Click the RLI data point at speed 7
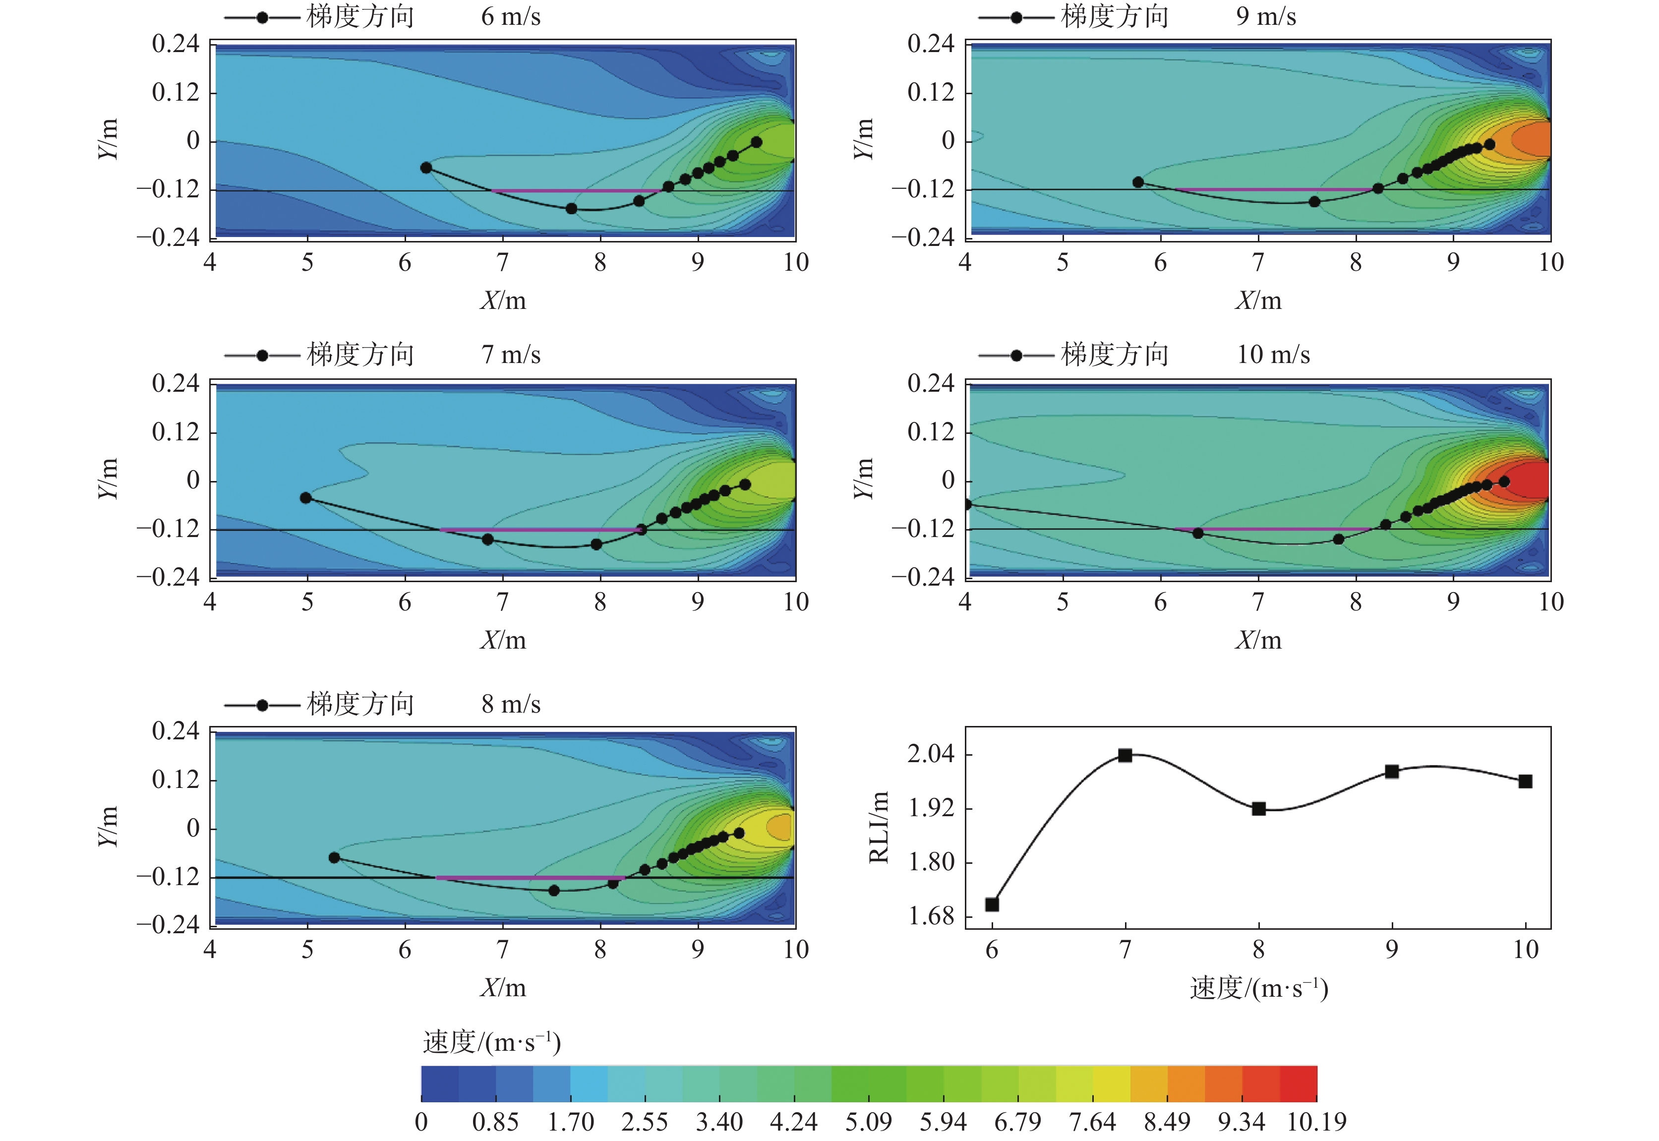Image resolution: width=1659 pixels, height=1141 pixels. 1125,755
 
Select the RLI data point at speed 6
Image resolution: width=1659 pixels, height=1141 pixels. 992,904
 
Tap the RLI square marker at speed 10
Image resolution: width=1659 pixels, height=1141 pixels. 1525,781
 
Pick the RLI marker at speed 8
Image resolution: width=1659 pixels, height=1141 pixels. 1259,809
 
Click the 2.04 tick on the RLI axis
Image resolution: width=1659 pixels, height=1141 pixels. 931,754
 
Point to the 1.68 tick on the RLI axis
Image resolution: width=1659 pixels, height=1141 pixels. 931,916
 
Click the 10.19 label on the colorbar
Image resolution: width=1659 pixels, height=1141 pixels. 1316,1121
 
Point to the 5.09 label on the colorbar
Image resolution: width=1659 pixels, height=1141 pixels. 869,1121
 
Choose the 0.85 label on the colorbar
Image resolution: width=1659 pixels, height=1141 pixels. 495,1121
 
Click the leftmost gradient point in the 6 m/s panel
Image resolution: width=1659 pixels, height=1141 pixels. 426,168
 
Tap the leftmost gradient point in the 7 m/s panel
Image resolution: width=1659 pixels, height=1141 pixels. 306,497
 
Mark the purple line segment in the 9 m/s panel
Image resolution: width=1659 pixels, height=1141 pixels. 1272,189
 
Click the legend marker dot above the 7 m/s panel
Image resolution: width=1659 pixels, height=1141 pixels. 262,356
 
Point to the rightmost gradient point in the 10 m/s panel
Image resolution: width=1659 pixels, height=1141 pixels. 1504,482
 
